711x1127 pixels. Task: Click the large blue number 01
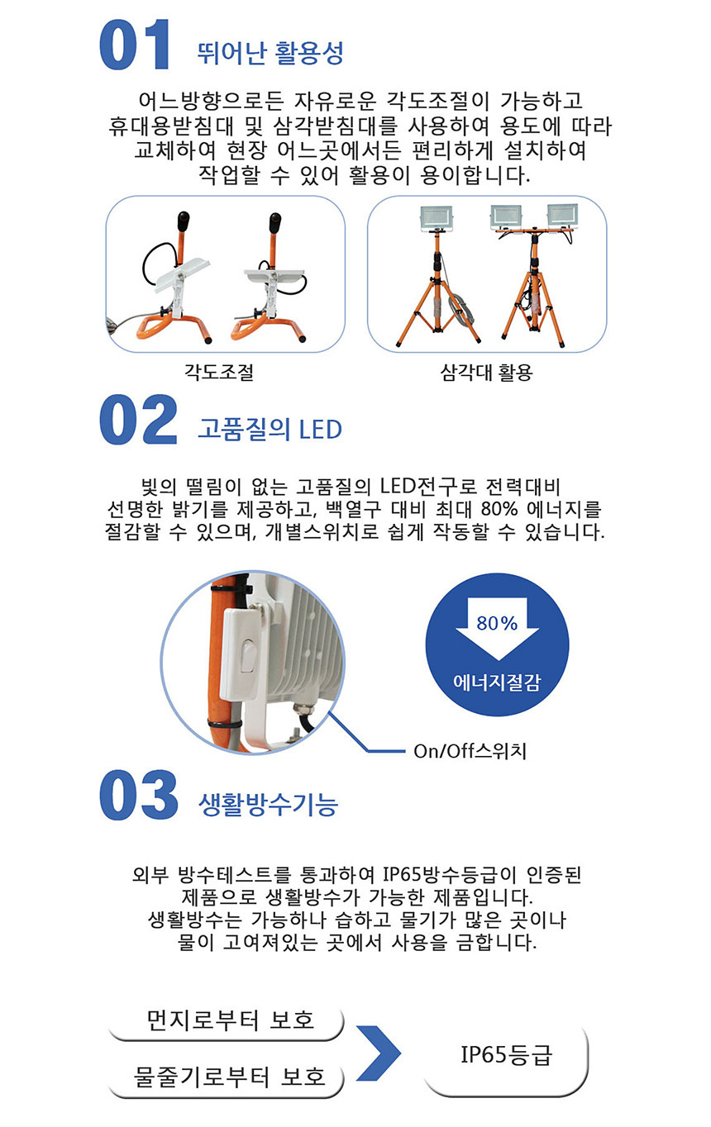[x=135, y=45]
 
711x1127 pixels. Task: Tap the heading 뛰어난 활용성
[x=270, y=53]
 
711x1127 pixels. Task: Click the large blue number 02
[x=138, y=420]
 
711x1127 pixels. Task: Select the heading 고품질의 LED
[x=270, y=429]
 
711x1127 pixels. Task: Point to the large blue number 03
[x=138, y=795]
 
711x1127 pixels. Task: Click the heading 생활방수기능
[x=269, y=803]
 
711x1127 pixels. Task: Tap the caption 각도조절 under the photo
[x=219, y=373]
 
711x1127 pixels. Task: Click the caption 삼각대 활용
[x=486, y=373]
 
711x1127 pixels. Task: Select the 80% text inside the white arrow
[x=497, y=623]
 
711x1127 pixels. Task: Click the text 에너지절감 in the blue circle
[x=497, y=682]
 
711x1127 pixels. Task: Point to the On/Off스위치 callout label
[x=470, y=751]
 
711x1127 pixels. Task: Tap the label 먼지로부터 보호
[x=231, y=1020]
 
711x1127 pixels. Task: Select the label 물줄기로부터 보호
[x=230, y=1077]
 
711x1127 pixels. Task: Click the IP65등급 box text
[x=507, y=1054]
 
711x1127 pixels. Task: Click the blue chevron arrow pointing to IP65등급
[x=379, y=1053]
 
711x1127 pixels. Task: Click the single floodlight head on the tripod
[x=436, y=217]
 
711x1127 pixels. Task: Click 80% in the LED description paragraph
[x=499, y=509]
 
